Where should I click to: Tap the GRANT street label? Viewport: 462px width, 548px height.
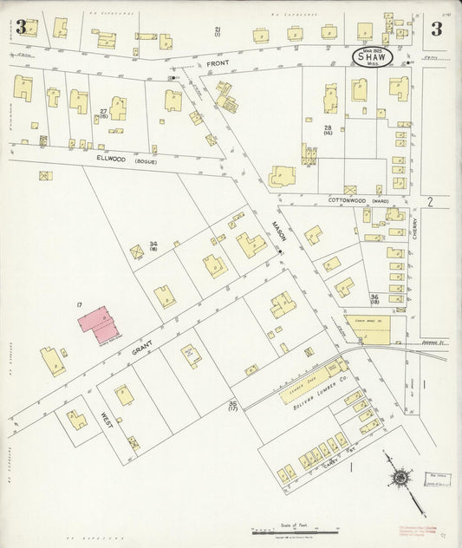pyautogui.click(x=142, y=351)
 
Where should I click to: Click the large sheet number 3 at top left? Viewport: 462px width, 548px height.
pyautogui.click(x=20, y=27)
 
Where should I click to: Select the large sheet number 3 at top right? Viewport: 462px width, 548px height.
pyautogui.click(x=437, y=27)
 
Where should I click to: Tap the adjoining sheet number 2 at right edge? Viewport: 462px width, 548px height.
pyautogui.click(x=430, y=201)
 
